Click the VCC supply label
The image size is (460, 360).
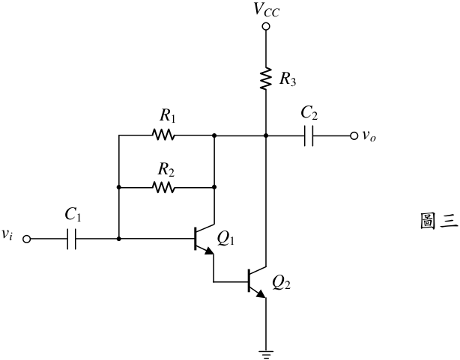pos(267,10)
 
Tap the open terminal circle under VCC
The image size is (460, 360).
pos(266,27)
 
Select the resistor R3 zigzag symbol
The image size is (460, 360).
pos(266,79)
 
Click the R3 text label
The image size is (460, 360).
pos(288,79)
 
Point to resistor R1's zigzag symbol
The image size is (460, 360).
pos(163,135)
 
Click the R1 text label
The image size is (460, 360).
pos(168,116)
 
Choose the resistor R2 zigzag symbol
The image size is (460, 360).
pos(163,187)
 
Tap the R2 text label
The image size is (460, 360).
pos(166,170)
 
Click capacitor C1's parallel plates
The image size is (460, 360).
pos(72,239)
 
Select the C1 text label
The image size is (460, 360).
pos(73,215)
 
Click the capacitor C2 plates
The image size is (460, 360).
pos(309,135)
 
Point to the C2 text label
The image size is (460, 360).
pos(309,113)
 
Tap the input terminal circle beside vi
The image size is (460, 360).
pos(27,240)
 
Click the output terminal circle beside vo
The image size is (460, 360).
pos(354,135)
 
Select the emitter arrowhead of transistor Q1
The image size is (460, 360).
pos(210,251)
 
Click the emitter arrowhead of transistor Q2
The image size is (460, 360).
pos(261,294)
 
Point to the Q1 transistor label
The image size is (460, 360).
pos(226,239)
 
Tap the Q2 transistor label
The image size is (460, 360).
pos(281,283)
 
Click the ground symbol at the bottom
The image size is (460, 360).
pos(266,354)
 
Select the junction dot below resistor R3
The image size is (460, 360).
pos(266,135)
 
